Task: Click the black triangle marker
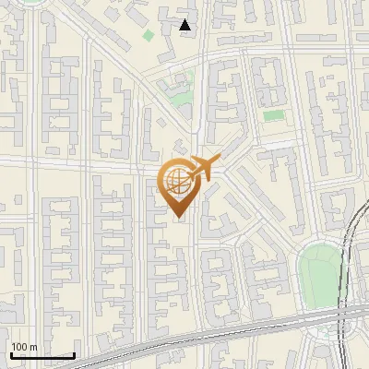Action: [x=185, y=25]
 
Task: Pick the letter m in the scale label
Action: [x=33, y=347]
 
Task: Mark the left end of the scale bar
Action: [x=11, y=355]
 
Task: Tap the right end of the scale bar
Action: [x=74, y=355]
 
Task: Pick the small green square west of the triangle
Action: [x=149, y=35]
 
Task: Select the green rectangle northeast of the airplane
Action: [x=274, y=116]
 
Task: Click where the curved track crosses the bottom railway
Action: [x=343, y=314]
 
